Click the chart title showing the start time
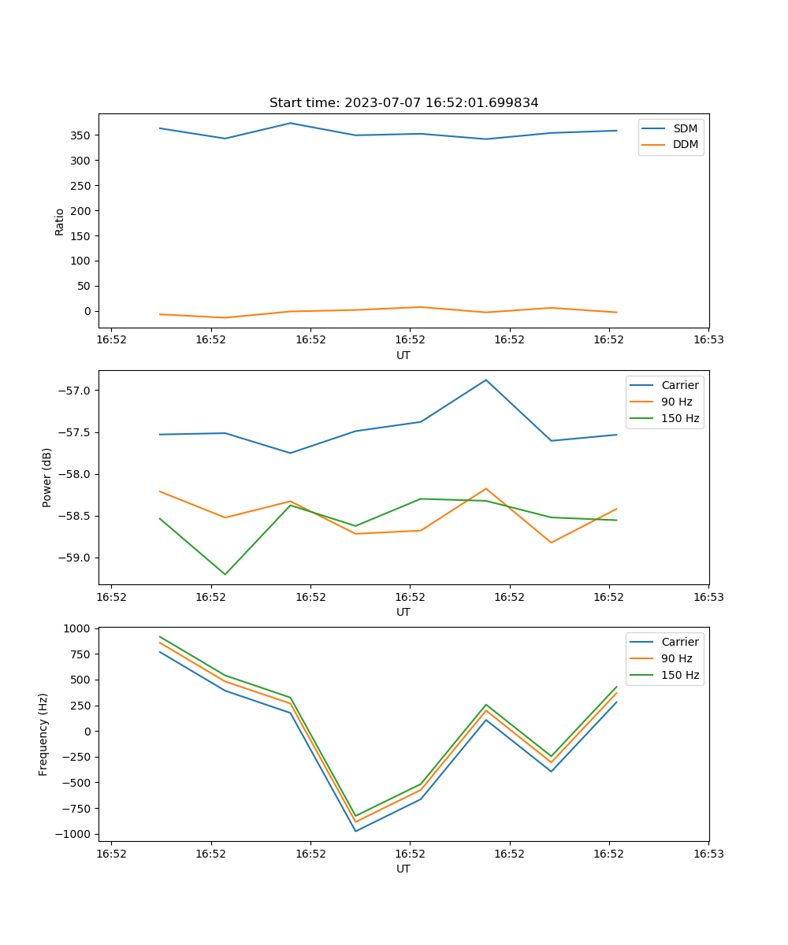click(x=403, y=103)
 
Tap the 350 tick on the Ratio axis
click(x=81, y=135)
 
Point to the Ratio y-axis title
click(x=60, y=221)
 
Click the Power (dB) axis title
click(x=47, y=477)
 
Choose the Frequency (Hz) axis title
click(x=43, y=734)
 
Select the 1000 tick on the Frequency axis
click(x=78, y=628)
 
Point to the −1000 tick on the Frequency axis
click(x=75, y=834)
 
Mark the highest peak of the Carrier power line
click(x=486, y=380)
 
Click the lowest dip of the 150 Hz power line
click(x=225, y=574)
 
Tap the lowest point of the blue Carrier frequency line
click(x=355, y=831)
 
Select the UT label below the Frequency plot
click(x=403, y=869)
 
